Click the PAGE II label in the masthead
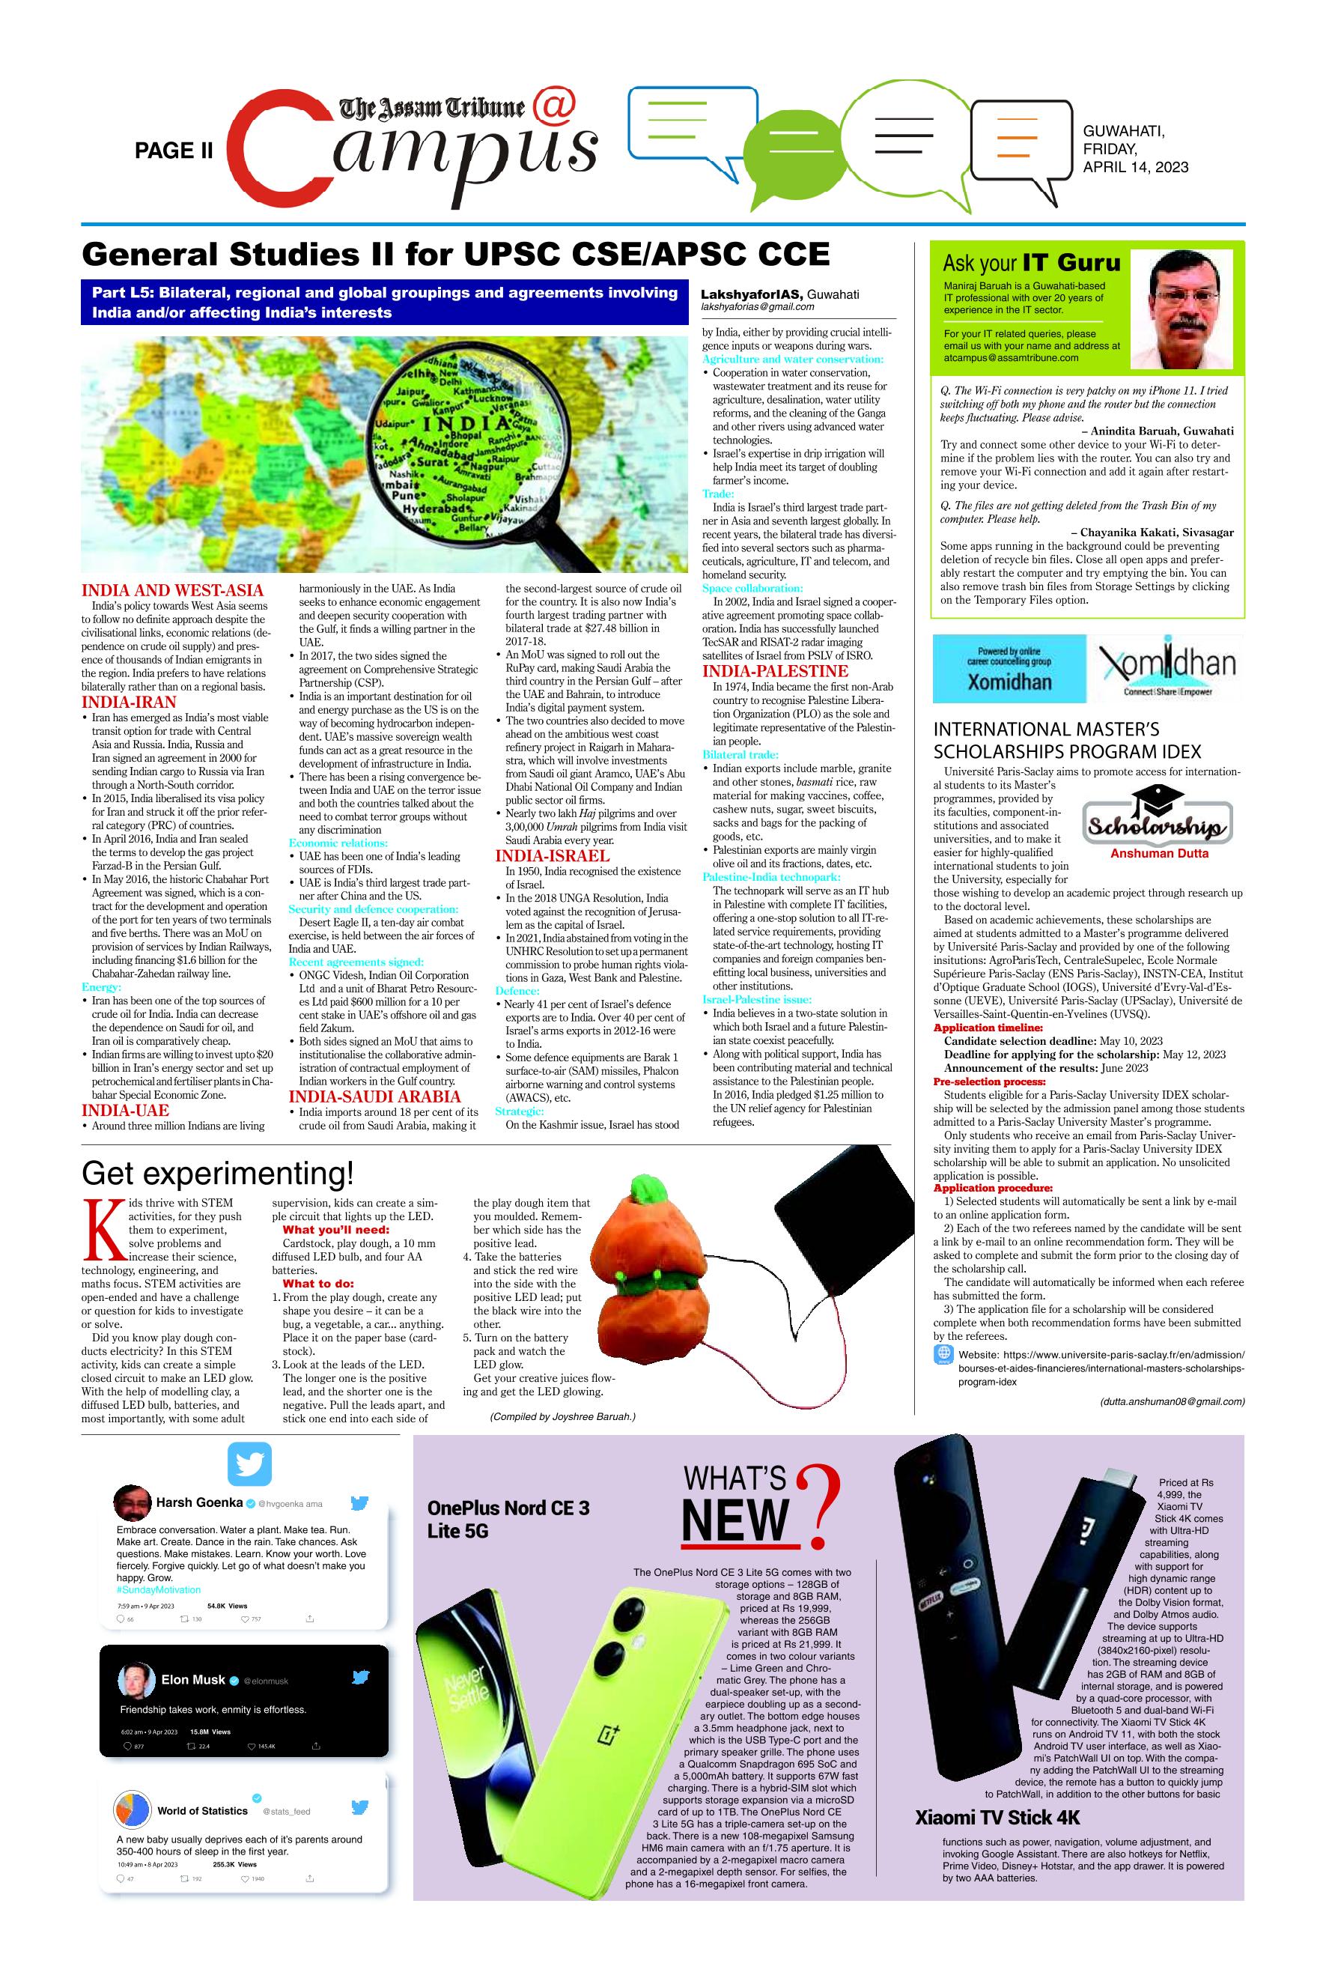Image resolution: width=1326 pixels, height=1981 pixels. click(174, 151)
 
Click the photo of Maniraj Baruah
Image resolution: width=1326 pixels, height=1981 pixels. click(1187, 309)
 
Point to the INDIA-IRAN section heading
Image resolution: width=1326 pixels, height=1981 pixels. click(129, 702)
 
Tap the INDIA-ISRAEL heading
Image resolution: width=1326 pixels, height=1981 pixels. click(553, 856)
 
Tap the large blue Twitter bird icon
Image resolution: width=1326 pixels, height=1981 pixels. click(249, 1464)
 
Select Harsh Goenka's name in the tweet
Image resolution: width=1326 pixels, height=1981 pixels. click(198, 1502)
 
